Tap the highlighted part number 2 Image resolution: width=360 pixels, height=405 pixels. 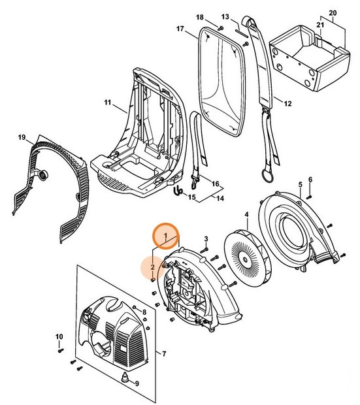[152, 267]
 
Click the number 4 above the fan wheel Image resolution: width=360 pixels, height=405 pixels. [246, 215]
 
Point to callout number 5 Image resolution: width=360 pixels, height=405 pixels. [300, 185]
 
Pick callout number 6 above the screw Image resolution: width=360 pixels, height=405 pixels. [310, 179]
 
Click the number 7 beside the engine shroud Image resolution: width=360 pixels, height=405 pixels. [164, 354]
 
